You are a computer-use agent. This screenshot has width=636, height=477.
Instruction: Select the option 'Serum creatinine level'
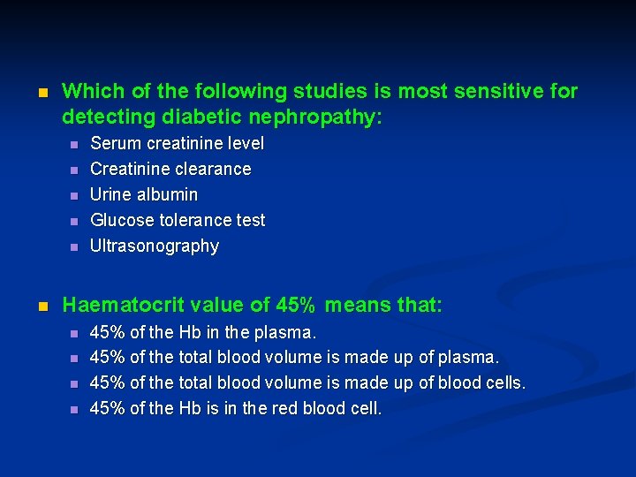coord(177,143)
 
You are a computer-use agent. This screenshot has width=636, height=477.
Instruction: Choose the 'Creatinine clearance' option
coord(170,169)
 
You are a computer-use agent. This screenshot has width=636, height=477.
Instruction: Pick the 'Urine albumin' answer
coord(144,194)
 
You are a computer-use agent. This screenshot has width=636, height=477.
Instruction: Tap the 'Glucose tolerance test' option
coord(178,220)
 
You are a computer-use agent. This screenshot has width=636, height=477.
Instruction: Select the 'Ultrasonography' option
coord(155,246)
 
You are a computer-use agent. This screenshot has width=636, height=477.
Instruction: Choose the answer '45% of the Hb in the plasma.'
coord(203,333)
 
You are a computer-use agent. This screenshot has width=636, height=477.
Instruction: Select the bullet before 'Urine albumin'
coord(74,195)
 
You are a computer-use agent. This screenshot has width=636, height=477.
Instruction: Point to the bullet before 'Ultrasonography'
coord(74,246)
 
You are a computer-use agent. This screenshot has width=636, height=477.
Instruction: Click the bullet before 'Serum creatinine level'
coord(74,144)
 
